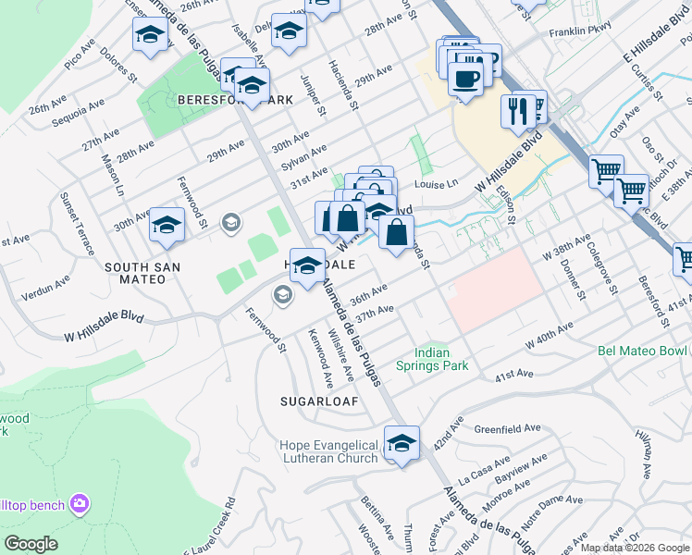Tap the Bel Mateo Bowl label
(x=642, y=351)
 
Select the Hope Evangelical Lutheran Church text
(x=328, y=451)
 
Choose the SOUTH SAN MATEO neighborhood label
(x=142, y=266)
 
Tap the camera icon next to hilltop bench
(x=80, y=503)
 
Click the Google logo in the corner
(x=31, y=544)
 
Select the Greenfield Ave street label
(x=507, y=429)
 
